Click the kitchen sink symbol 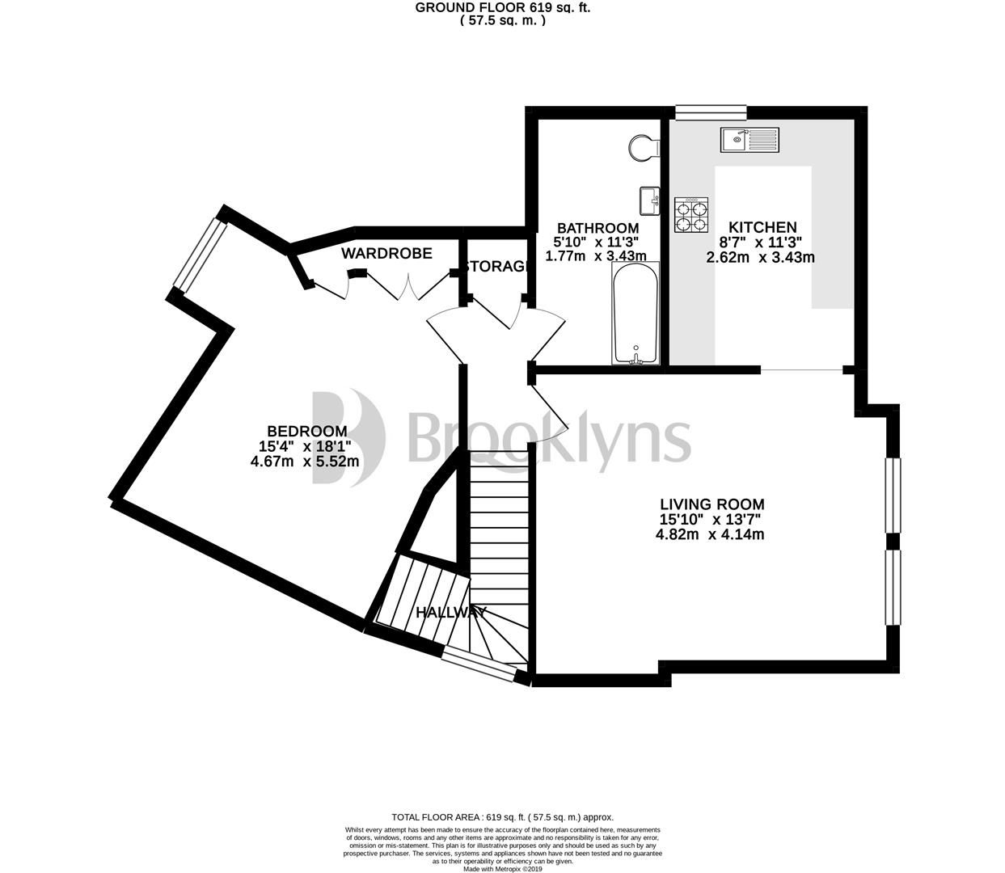coord(749,140)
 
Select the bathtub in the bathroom coord(636,313)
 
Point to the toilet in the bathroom coord(643,148)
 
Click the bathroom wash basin coord(650,197)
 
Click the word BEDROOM coord(307,432)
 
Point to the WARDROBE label coord(386,254)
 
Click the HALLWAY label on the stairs coord(451,613)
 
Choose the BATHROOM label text coord(597,228)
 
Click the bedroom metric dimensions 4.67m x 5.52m coord(306,462)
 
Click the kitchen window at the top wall coord(711,112)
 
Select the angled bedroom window coord(199,251)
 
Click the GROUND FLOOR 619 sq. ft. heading coord(503,7)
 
